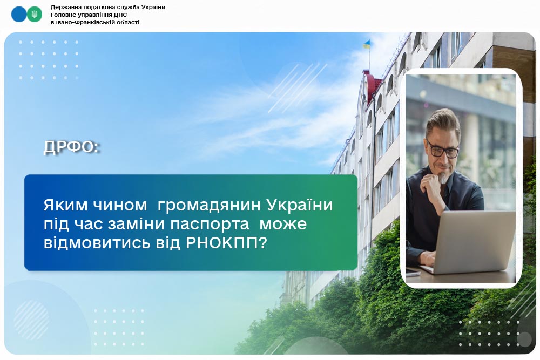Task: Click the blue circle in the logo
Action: point(19,15)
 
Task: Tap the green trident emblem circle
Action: point(35,15)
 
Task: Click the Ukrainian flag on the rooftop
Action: point(367,44)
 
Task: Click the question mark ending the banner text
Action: point(262,243)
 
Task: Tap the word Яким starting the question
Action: point(65,206)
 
